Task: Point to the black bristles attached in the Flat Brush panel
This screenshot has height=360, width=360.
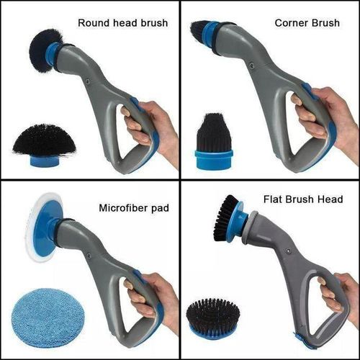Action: tap(225, 217)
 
